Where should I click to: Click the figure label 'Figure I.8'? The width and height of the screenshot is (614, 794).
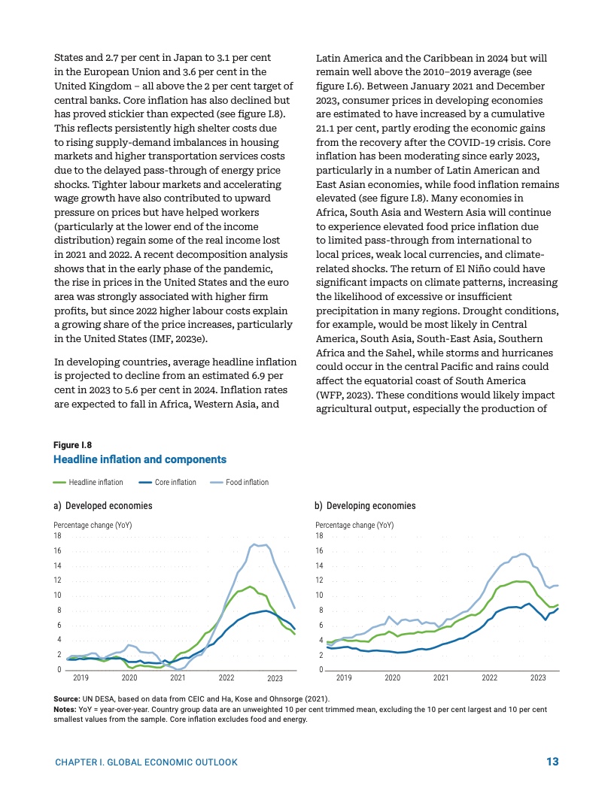72,445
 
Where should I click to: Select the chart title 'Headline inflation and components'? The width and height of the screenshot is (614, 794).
139,459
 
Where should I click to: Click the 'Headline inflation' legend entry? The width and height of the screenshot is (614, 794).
89,483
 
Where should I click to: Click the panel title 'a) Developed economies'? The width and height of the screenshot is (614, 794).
100,506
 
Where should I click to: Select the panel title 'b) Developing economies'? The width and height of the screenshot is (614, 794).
365,506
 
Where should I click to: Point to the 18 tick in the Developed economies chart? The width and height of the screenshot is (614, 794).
57,535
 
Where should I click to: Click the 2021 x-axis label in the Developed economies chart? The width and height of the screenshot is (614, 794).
178,678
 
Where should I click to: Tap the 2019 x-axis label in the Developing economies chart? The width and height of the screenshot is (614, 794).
344,678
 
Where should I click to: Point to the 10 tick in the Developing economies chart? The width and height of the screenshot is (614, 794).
320,595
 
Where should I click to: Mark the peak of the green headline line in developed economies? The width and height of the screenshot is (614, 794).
250,586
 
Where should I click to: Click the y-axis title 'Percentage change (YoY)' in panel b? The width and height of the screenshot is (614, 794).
354,525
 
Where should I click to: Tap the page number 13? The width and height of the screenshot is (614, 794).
552,762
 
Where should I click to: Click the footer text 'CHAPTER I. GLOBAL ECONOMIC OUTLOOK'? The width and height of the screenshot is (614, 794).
147,762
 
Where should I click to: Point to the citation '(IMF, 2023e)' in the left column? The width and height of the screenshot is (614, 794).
176,339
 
